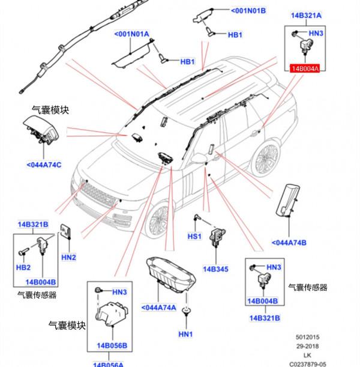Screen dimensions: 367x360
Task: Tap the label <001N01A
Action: (131, 34)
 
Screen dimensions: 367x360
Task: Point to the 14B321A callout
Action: (306, 15)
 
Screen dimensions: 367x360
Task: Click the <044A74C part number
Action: (44, 165)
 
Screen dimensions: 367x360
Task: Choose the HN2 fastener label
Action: (69, 257)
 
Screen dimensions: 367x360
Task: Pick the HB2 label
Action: (23, 267)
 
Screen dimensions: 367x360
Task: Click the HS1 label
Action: (194, 237)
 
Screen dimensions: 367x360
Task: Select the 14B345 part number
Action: (215, 269)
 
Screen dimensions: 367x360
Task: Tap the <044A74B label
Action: (289, 243)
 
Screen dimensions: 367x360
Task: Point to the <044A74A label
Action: (159, 308)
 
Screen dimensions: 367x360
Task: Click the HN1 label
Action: (185, 334)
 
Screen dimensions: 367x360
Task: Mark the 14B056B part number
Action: (112, 345)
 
